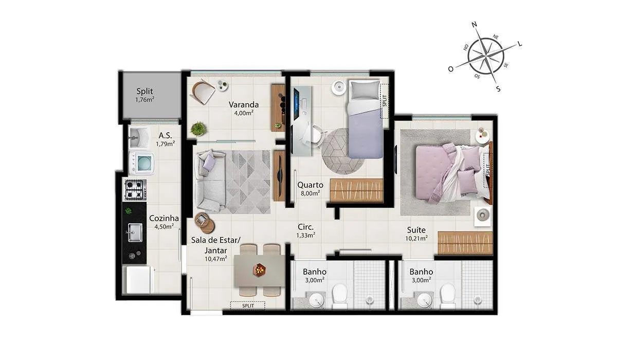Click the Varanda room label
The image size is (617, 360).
point(244,105)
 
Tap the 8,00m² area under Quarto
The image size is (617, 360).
point(310,193)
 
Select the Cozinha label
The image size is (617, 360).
point(164,218)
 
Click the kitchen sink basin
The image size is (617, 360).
point(135,232)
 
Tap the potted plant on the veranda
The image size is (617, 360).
point(198,129)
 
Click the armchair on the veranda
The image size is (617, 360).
point(203,91)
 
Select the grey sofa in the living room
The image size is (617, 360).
point(210,181)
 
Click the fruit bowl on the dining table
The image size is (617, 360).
point(259,269)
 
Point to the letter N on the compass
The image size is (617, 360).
point(474,25)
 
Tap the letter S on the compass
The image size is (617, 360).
point(498,88)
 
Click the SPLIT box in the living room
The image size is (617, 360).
point(248,305)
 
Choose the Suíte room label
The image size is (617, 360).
point(416,230)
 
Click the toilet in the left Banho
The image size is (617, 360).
point(340,296)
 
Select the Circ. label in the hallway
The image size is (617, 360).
point(305,227)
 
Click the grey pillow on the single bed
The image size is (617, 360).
point(365,90)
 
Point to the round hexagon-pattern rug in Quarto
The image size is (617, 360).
point(343,151)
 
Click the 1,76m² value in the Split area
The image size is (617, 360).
point(144,100)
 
